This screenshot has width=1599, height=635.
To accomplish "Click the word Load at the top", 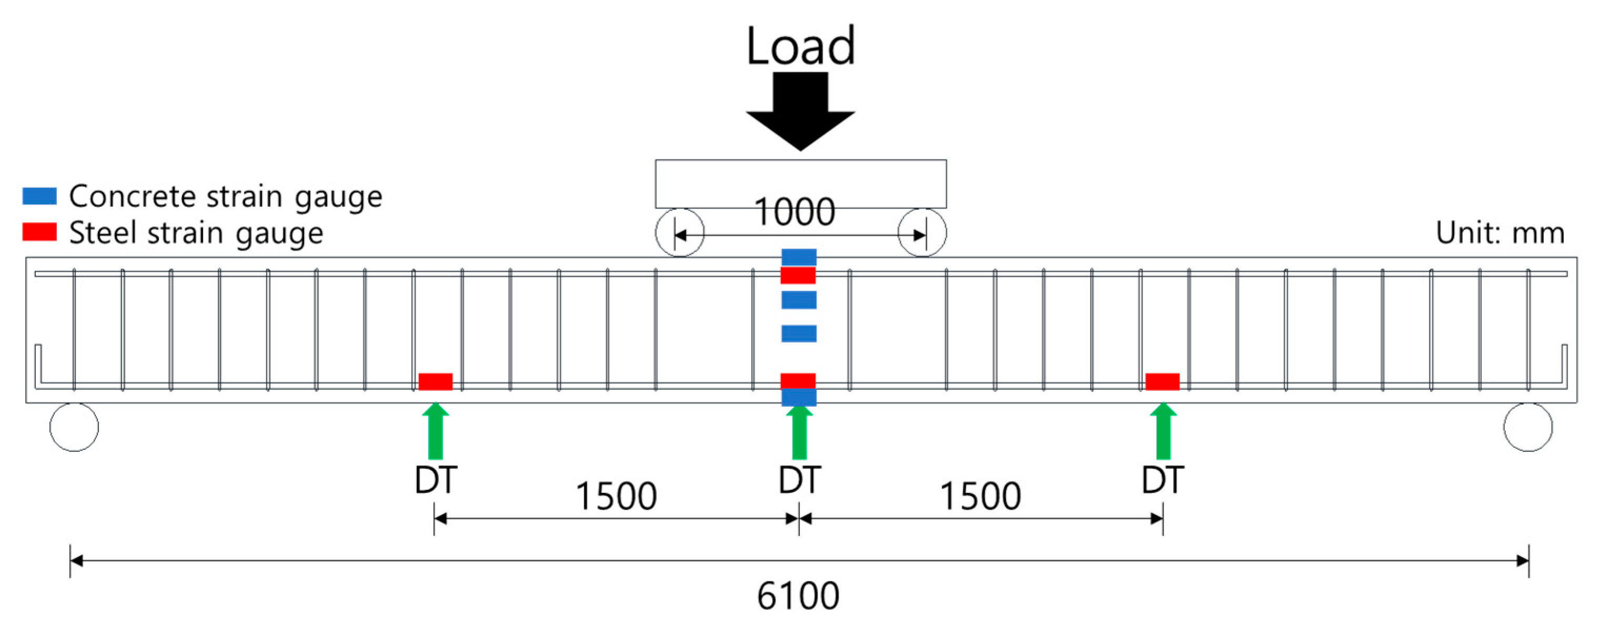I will point(800,46).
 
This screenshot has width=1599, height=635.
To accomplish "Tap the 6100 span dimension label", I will point(798,596).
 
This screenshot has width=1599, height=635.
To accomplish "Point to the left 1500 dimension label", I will point(616,497).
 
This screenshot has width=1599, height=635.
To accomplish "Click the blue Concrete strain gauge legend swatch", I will point(39,196).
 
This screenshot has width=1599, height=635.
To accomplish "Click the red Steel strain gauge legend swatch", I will point(39,232).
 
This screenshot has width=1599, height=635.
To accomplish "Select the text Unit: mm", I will point(1500,234).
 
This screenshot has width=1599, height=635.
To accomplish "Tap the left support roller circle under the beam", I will point(74,427).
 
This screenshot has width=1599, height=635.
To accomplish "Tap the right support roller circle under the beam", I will point(1527,427).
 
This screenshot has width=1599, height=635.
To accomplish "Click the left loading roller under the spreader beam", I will point(680,233).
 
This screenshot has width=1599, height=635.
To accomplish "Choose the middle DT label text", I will point(799,480).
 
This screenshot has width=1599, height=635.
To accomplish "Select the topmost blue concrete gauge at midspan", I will point(798,256).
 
